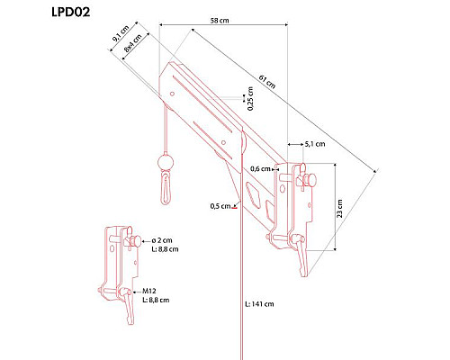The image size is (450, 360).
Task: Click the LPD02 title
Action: [70, 13]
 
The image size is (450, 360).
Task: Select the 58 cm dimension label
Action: [220, 21]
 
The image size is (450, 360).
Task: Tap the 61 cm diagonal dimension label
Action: [267, 82]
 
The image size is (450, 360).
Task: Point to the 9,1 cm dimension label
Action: [121, 33]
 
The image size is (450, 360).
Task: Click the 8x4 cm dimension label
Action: [132, 43]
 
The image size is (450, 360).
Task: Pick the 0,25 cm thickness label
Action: [250, 98]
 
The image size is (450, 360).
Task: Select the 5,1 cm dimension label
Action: [315, 144]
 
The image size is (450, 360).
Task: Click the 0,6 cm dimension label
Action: [260, 169]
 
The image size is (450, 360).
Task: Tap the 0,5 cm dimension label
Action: [220, 206]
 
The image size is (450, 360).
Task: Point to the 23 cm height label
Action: [339, 209]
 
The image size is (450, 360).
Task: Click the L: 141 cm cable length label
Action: [259, 304]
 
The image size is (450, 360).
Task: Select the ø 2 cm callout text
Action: [162, 240]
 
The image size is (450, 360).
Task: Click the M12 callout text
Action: [149, 291]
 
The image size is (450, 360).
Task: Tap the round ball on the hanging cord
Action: [166, 162]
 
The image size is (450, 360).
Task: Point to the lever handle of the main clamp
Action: [301, 255]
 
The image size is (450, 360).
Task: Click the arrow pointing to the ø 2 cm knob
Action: [146, 240]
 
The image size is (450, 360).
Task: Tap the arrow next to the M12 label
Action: [137, 292]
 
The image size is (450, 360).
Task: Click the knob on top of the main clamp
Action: [310, 179]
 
